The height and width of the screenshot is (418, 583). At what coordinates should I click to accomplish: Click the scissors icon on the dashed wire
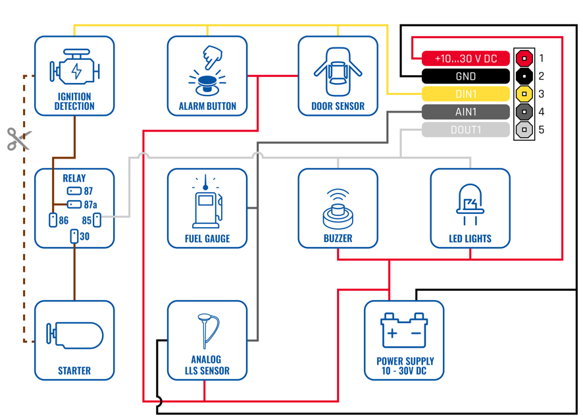coord(19,139)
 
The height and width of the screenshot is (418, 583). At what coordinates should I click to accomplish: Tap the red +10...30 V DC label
coord(465,59)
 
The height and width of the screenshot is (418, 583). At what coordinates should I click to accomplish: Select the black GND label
coord(465,76)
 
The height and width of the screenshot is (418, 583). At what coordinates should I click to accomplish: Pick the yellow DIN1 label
coord(465,94)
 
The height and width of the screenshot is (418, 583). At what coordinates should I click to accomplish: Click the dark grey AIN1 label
coord(465,112)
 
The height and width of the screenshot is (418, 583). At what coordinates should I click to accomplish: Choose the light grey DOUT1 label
coord(465,130)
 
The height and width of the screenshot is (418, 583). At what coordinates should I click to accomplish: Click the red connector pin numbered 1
coord(524,58)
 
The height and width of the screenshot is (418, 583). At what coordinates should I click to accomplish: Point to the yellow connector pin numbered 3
coord(524,94)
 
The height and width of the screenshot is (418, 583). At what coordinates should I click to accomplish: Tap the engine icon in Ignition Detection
coord(74,68)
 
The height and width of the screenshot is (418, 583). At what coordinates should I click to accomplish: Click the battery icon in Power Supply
coord(404,330)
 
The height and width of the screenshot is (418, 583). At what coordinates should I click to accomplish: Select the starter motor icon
coord(74,335)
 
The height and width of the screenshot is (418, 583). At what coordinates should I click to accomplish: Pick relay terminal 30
coord(74,236)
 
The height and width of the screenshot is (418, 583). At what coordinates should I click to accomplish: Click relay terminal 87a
coord(74,205)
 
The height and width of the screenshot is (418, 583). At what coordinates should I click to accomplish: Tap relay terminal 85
coord(97,220)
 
